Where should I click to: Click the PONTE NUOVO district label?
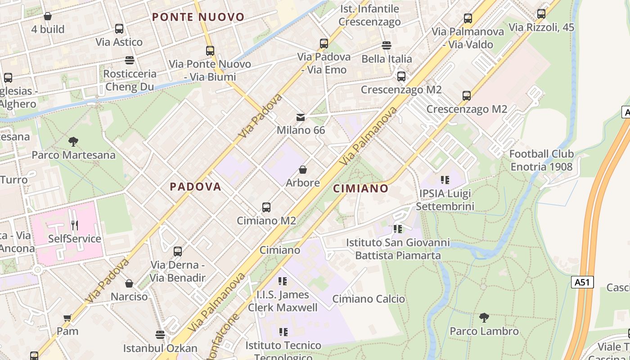point(198,17)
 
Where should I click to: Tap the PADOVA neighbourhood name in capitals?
point(195,186)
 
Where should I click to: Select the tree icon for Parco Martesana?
point(73,142)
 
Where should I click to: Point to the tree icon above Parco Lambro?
point(484,318)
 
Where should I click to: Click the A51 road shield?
point(583,282)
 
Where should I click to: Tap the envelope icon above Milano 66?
point(301,117)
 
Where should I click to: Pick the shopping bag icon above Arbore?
point(303,170)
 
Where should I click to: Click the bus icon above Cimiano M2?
point(266,207)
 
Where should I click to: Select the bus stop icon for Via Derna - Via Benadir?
point(178,252)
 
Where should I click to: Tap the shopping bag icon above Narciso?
point(129,283)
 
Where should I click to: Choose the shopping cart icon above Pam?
point(67,318)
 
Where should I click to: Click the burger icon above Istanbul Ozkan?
point(160,334)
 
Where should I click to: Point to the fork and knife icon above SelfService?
point(75,225)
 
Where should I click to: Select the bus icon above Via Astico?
point(119,29)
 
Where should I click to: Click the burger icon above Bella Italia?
point(387,45)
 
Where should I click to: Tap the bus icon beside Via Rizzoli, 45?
point(541,14)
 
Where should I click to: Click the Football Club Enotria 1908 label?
point(541,160)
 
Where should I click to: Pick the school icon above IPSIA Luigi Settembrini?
point(445,180)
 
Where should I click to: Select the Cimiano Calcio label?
point(369,299)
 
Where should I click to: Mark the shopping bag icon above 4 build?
point(48,16)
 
